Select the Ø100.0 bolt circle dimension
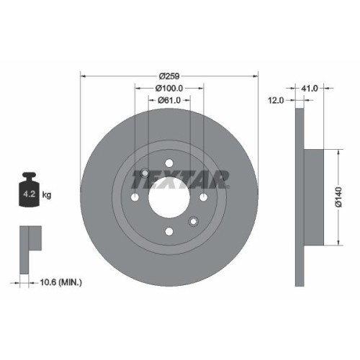[169, 89]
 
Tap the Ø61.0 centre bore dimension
[169, 102]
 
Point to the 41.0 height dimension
[310, 88]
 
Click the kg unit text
[47, 195]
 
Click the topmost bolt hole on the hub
[169, 163]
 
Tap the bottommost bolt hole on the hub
[169, 231]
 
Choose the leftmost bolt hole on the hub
[135, 197]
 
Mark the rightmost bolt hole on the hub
[204, 197]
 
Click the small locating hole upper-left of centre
[145, 174]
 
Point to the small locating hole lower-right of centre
[193, 221]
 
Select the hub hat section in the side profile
[311, 197]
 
